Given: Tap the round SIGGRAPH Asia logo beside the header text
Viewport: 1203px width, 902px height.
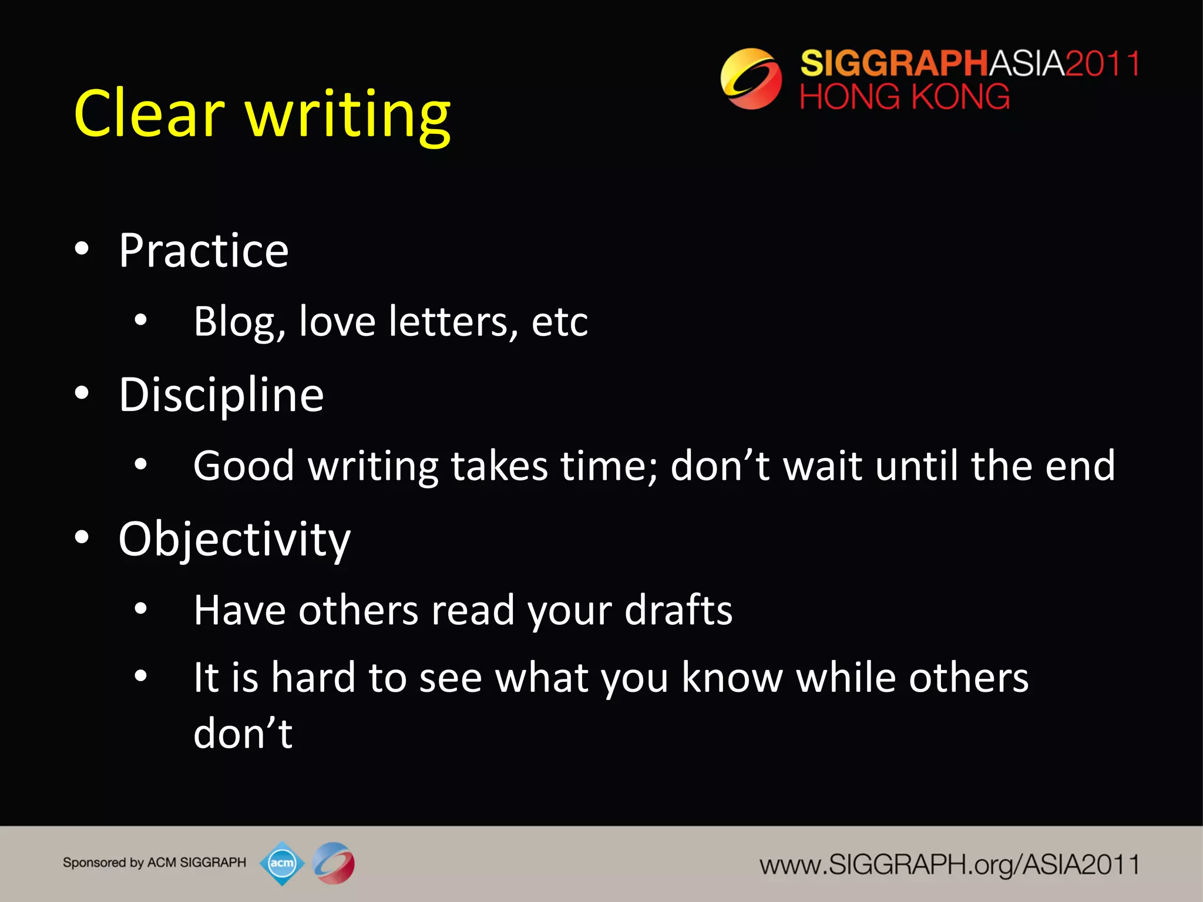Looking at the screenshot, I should [751, 79].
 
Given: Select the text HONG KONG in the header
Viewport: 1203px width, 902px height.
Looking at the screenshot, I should [905, 97].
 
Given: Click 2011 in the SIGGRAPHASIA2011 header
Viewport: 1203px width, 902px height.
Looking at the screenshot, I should [1102, 63].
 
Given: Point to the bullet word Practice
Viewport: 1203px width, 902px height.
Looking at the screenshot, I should [203, 251].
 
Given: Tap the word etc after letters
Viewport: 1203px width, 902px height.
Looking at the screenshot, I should [559, 322].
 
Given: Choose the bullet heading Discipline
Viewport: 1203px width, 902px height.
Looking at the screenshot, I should [221, 395].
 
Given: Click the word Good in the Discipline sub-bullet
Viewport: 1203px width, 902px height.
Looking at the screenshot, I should [244, 466].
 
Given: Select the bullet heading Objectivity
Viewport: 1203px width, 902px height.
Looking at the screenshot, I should [234, 539].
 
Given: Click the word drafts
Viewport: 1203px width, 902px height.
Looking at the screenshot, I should [678, 610].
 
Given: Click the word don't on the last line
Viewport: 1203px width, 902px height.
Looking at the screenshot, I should [243, 733].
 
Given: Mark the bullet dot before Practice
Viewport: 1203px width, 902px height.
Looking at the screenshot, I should [82, 249].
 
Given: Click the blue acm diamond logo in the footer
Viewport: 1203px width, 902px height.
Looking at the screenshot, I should [282, 863].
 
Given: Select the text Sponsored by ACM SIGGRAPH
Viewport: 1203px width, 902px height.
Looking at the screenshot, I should [154, 863].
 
